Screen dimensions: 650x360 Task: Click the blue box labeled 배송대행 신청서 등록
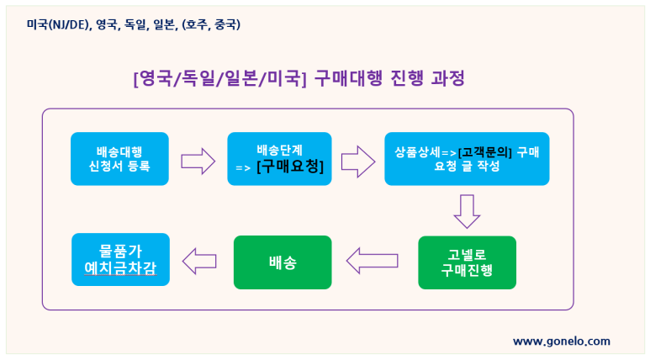tap(119, 159)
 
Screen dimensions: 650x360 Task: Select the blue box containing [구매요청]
tap(279, 159)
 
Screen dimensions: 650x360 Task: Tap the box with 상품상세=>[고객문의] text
tap(467, 159)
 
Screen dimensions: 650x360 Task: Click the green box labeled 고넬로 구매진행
tap(467, 262)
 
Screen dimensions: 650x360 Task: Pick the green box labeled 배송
tap(283, 262)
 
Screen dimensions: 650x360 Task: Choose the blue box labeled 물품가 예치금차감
tap(120, 260)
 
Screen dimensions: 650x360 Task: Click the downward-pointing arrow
tap(467, 211)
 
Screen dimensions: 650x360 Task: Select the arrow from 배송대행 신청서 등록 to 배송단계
tap(198, 161)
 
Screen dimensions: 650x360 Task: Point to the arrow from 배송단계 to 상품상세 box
tap(358, 161)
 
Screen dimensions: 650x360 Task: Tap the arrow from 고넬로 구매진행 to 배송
tap(373, 261)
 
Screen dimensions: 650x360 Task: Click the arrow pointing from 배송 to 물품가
tap(199, 262)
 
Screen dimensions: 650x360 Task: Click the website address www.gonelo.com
tap(562, 341)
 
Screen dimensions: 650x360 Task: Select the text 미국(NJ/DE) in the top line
tap(58, 25)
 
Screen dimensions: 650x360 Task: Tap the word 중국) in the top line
tap(227, 25)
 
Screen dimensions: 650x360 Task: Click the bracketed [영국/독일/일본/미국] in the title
tap(219, 78)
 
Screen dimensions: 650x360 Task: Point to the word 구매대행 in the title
tap(348, 78)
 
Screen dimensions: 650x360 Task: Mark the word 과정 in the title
tap(447, 78)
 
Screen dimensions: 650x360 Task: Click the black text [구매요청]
tap(290, 167)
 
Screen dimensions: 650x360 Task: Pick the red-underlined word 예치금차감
tap(120, 267)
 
